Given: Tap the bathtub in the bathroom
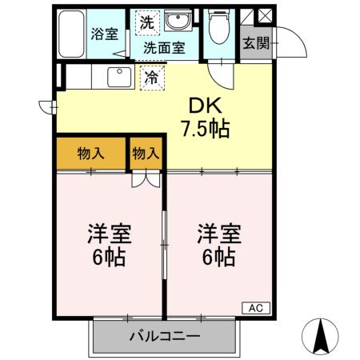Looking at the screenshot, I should pos(71,36).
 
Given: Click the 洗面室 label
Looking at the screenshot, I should pos(163,47).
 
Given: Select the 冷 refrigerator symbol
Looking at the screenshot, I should pos(150,77).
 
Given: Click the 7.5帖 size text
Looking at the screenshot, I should pos(204,129).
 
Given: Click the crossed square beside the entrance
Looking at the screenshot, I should pos(266,17).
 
